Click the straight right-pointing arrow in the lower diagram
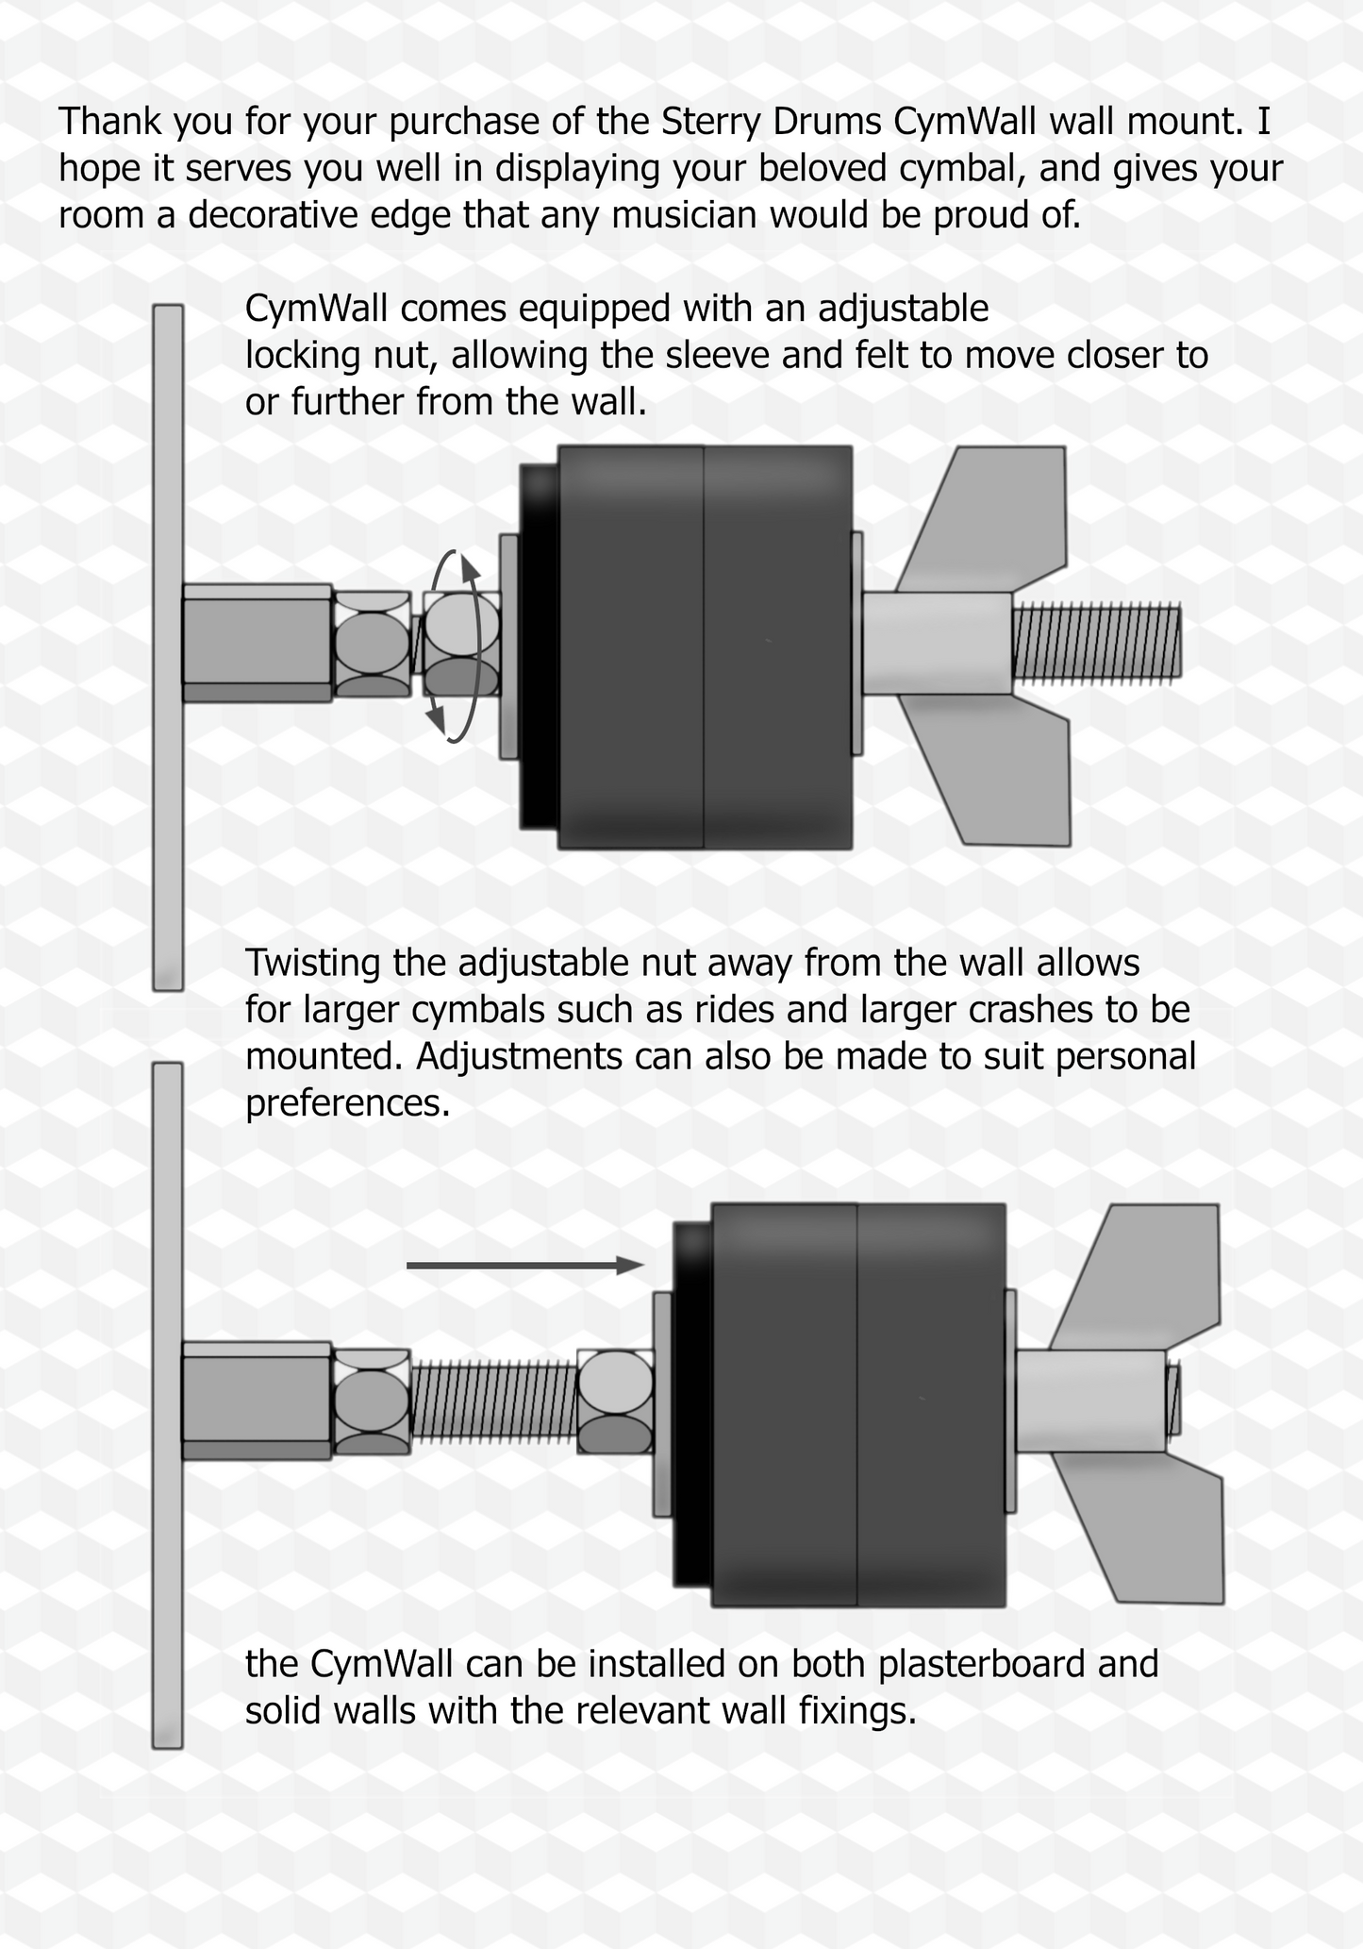525,1266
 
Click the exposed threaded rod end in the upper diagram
1096,642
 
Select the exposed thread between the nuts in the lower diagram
493,1401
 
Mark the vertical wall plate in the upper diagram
168,647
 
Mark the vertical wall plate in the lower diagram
167,1405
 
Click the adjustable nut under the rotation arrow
461,645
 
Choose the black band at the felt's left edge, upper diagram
540,647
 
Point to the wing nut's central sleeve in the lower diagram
1091,1401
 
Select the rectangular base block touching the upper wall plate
257,643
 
